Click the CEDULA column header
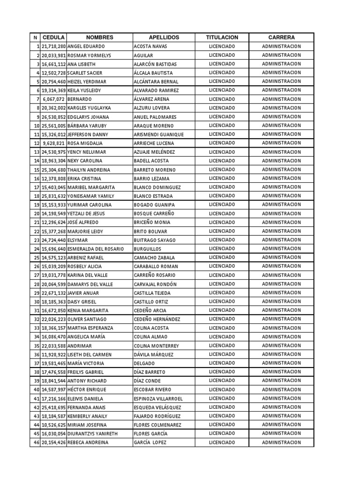[53, 37]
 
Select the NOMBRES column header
[99, 37]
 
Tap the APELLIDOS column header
[164, 37]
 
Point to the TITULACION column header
[222, 37]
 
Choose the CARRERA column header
[281, 37]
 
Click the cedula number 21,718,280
[53, 46]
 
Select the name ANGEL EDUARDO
[86, 46]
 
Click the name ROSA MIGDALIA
[85, 143]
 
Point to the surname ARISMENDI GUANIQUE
[158, 135]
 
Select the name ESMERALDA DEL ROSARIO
[96, 249]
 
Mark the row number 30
[36, 302]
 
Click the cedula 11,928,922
[53, 354]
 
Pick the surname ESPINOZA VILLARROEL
[158, 398]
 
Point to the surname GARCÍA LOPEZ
[150, 442]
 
